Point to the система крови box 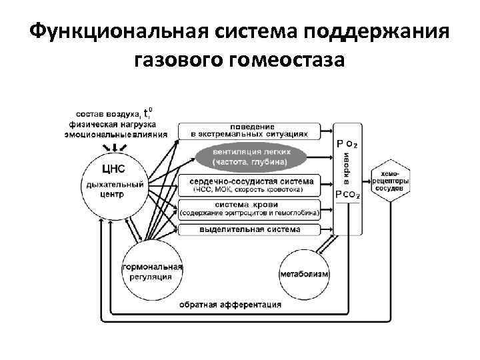249,208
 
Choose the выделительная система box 249,229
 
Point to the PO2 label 350,143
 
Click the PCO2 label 348,194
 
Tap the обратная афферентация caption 230,305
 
